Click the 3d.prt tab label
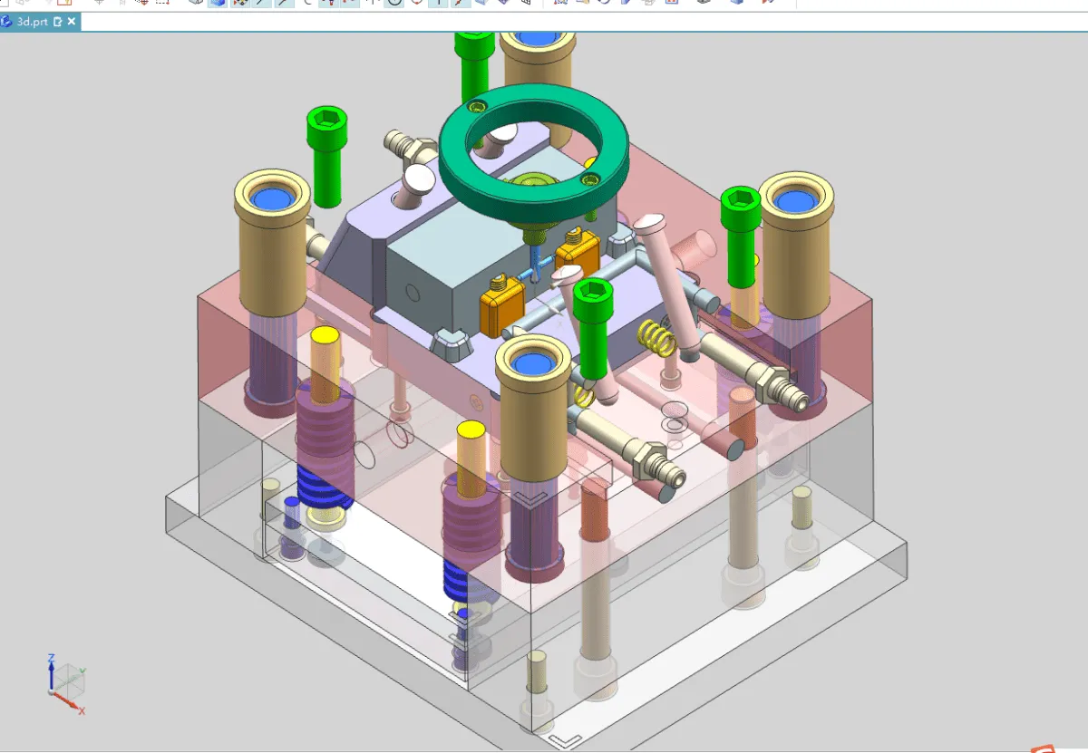pyautogui.click(x=33, y=21)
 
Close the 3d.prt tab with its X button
pyautogui.click(x=72, y=21)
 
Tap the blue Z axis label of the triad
pyautogui.click(x=53, y=658)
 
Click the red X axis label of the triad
pyautogui.click(x=82, y=711)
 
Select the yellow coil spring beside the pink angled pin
pyautogui.click(x=658, y=338)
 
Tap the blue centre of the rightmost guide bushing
pyautogui.click(x=795, y=200)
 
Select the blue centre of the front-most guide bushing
pyautogui.click(x=533, y=364)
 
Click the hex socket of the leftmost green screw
pyautogui.click(x=326, y=119)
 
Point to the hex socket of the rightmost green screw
pyautogui.click(x=739, y=198)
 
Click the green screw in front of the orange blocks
pyautogui.click(x=593, y=326)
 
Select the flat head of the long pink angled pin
pyautogui.click(x=651, y=222)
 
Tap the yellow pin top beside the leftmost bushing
pyautogui.click(x=325, y=337)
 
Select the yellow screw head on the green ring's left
pyautogui.click(x=479, y=107)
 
